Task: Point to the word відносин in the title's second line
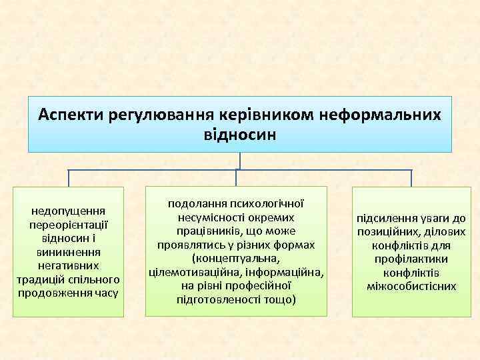pos(239,134)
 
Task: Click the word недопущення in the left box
pos(70,211)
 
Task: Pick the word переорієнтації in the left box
pos(70,225)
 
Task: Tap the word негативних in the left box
pos(70,265)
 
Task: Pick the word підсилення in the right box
pos(385,218)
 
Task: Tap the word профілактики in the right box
pos(411,259)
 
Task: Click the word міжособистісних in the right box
pos(411,286)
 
